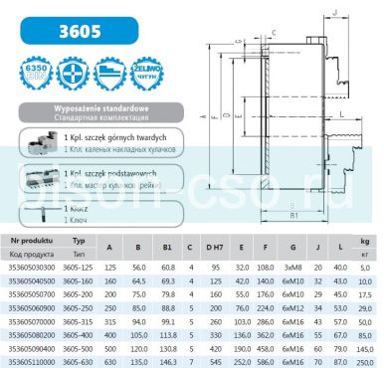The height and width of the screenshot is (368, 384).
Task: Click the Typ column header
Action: click(x=80, y=242)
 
